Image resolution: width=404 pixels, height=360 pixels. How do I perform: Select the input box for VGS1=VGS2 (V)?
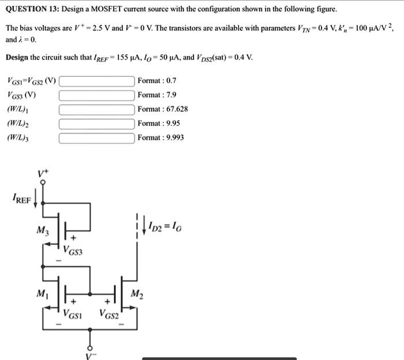point(98,80)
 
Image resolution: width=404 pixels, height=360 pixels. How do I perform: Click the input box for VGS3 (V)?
point(98,95)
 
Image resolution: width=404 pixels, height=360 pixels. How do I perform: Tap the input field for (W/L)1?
point(98,109)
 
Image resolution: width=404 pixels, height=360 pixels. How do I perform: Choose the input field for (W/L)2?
point(98,123)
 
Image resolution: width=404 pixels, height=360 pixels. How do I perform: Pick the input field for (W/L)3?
point(98,138)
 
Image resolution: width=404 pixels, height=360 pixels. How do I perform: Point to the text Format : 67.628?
point(163,109)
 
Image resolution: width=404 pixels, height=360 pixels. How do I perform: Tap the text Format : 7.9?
point(156,95)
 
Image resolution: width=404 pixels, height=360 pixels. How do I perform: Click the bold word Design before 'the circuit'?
point(18,57)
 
